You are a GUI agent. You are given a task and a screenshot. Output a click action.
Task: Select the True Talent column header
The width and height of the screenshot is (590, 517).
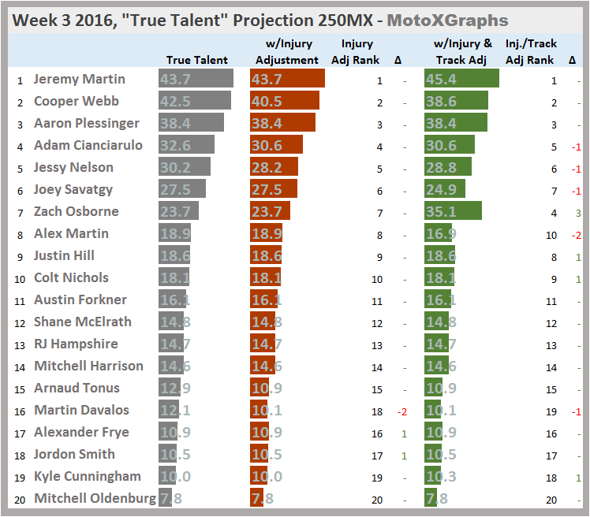197,60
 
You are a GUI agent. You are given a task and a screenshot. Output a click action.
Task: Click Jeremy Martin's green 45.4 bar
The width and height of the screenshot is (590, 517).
461,79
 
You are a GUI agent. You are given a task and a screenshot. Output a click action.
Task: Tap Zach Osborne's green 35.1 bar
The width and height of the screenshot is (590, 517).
452,211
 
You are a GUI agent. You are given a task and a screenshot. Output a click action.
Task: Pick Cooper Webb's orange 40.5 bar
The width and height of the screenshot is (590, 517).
284,101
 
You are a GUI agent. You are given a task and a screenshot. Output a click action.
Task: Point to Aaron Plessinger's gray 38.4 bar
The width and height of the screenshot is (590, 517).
191,123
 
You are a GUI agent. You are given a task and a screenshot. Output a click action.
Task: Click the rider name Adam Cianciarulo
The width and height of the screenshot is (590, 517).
88,145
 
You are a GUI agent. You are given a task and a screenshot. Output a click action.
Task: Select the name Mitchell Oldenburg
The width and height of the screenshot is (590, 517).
95,498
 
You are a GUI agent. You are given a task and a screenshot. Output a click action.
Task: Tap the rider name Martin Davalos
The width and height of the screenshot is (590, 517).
81,410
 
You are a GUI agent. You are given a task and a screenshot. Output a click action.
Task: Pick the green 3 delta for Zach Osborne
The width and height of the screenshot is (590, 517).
577,212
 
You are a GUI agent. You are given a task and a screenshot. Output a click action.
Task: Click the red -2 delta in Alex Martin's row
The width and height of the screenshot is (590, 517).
576,234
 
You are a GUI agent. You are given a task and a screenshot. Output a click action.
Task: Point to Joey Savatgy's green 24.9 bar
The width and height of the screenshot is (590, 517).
444,189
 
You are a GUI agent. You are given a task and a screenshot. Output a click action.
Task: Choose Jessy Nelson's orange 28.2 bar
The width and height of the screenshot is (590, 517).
274,167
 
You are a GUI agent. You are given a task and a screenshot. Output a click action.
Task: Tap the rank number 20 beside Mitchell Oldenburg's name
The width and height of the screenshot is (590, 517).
19,499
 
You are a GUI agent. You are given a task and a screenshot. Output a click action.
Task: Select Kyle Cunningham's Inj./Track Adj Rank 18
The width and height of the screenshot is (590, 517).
553,477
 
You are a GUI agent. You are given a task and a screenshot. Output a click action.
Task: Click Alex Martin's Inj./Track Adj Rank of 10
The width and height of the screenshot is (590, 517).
552,234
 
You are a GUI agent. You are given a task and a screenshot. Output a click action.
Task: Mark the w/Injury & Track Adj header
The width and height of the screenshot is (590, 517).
463,52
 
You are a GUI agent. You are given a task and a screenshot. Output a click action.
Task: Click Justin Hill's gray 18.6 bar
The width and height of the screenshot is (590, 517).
175,255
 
